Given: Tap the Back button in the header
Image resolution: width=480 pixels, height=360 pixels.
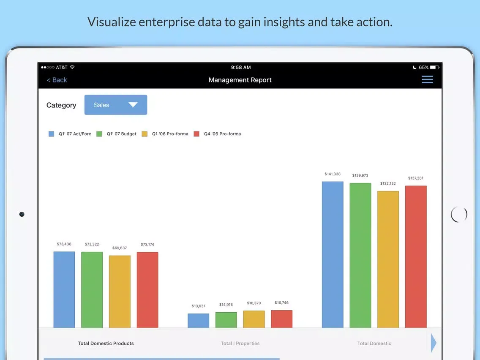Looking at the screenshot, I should [x=57, y=80].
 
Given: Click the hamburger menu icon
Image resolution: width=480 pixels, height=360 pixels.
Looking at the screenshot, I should [x=427, y=79].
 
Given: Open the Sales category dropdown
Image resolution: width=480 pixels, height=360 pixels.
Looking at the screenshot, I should [x=116, y=105].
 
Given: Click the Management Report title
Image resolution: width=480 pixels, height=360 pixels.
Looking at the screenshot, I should [x=240, y=80].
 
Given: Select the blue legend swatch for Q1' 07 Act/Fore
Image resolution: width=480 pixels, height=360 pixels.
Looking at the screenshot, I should [x=52, y=134].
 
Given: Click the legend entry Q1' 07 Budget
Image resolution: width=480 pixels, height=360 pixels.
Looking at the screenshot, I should [x=121, y=134].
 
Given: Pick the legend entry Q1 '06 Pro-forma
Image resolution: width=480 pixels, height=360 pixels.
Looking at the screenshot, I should [x=170, y=134].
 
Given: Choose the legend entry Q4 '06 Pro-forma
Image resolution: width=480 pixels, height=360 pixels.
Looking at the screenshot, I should [x=222, y=134].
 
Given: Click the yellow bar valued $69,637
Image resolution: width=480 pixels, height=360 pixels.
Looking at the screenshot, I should [x=120, y=292].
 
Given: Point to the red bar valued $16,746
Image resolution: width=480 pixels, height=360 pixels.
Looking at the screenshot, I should [x=281, y=319].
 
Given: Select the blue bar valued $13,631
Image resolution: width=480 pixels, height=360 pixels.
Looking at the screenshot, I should [x=198, y=321].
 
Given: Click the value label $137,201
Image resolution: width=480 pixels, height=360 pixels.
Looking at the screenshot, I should [x=416, y=178].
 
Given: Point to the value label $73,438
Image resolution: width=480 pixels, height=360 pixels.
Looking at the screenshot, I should [x=64, y=244].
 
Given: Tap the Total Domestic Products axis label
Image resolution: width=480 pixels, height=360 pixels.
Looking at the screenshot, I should [x=106, y=344].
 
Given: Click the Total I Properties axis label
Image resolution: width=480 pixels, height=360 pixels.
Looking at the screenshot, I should [x=240, y=344].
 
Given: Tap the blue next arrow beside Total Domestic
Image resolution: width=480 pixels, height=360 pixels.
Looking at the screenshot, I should [x=434, y=343].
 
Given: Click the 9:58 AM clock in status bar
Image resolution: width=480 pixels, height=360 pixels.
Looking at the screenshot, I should [x=241, y=68].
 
